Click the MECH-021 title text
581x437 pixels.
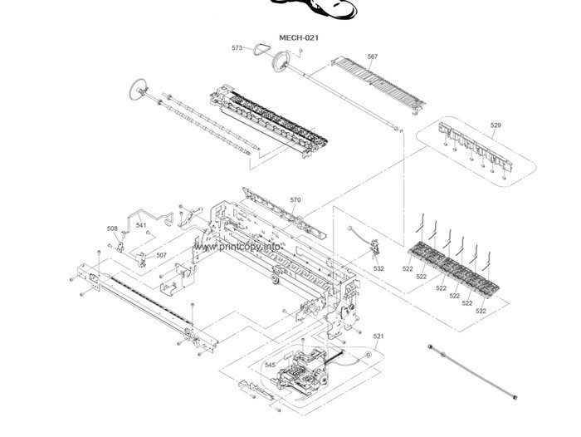coord(299,37)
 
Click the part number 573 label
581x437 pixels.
coord(237,48)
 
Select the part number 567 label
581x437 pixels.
coord(373,56)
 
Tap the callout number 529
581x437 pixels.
coord(496,125)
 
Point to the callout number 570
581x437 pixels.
coord(295,200)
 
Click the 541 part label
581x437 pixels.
coord(141,225)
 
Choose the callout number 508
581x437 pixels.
coord(112,228)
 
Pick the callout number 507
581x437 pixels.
coord(161,255)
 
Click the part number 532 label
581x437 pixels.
coord(378,268)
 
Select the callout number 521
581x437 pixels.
coord(378,336)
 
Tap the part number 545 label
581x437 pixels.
coord(270,365)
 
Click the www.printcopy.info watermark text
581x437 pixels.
coord(238,247)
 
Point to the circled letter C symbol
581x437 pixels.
coord(368,354)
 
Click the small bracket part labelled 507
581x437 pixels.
coord(141,260)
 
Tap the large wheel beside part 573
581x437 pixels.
coord(281,61)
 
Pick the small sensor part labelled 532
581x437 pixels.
coord(376,247)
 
